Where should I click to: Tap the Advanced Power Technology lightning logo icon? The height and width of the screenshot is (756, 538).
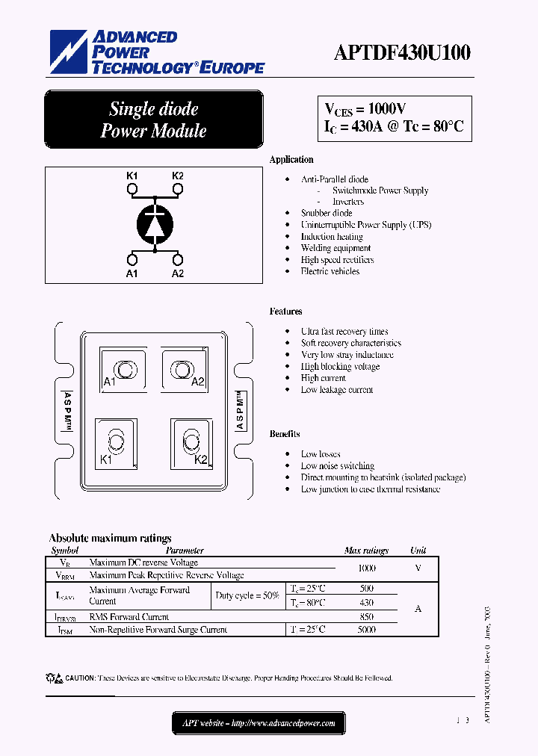point(69,52)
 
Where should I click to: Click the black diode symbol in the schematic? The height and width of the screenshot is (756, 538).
point(155,223)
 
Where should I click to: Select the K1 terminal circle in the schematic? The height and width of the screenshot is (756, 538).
point(132,190)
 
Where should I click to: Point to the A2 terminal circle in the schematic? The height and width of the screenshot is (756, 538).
point(178,259)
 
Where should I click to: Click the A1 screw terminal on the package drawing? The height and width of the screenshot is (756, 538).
point(120,369)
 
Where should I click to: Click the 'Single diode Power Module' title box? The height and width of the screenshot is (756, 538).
point(154,120)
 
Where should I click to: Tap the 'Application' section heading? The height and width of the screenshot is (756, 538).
point(291,160)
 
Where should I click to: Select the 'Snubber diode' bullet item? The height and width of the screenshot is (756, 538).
point(327,213)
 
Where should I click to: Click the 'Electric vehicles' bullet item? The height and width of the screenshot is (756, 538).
point(330,271)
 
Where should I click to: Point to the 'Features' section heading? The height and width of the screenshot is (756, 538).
point(285,312)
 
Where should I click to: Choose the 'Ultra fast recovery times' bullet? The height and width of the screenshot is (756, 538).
point(344,331)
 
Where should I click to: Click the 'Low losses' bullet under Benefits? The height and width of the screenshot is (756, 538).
point(321,454)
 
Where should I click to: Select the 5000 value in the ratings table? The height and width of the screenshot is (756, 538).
point(366,630)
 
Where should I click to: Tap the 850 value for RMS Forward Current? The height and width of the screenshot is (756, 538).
point(366,617)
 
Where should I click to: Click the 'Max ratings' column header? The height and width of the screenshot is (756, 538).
point(366,551)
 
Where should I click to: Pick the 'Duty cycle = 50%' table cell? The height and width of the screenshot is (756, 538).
point(247,595)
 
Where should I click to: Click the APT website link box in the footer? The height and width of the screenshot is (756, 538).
point(259,722)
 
